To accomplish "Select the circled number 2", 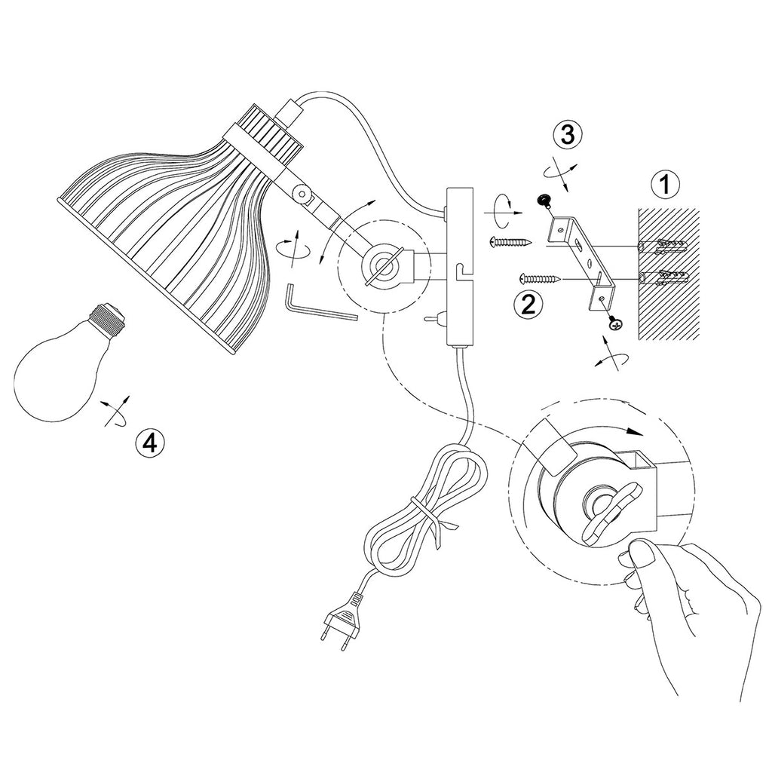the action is (x=528, y=305).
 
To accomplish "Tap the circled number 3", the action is (x=568, y=135).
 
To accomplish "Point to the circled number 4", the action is (x=150, y=443).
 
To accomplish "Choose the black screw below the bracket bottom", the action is (x=615, y=323).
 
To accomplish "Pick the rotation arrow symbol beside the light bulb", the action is (x=116, y=410).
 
